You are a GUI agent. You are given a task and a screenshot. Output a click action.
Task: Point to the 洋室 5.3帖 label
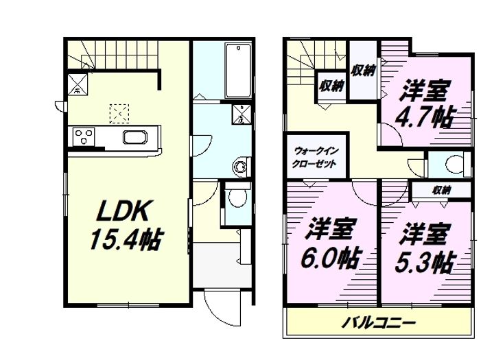point(425,248)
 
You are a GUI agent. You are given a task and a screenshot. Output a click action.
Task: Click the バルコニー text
point(379,323)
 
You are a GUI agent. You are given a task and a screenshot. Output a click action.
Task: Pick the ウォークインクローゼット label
point(316,157)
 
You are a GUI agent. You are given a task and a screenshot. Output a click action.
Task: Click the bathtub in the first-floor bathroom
point(239,71)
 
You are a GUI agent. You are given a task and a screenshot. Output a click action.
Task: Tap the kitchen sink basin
point(135,138)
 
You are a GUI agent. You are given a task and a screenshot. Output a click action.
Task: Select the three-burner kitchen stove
point(84,136)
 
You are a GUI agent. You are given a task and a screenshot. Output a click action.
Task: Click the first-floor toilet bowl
point(238,197)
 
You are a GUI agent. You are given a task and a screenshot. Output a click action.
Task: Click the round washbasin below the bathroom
point(239,166)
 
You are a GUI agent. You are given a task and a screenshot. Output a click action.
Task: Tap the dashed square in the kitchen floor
point(119,113)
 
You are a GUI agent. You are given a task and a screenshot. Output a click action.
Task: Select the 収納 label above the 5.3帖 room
point(441,190)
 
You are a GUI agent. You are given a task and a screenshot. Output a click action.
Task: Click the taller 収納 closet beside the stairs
point(363,71)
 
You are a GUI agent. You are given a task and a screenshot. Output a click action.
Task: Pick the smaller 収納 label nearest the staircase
point(331,85)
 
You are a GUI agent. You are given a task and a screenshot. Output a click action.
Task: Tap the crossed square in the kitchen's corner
point(78,84)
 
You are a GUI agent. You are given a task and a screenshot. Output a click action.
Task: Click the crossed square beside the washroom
point(242,114)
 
